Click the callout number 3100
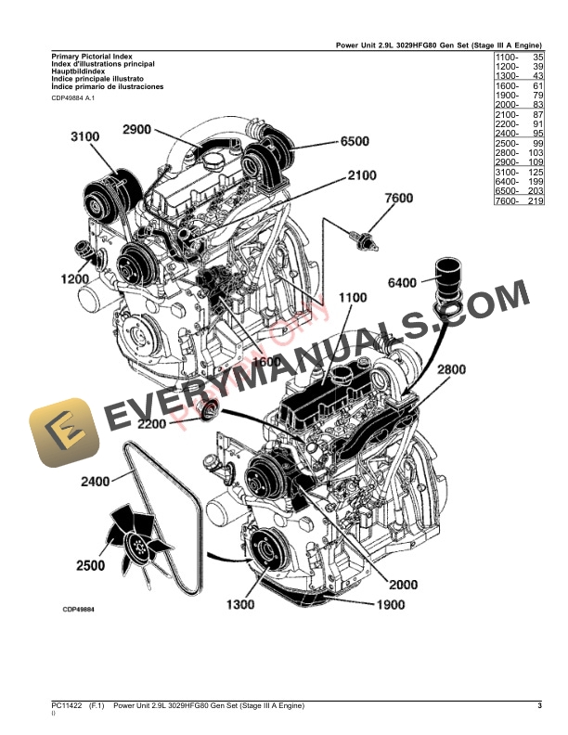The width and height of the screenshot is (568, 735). [84, 137]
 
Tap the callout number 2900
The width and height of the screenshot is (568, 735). [136, 130]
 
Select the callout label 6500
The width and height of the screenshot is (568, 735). [355, 142]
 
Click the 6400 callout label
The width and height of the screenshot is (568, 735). [402, 281]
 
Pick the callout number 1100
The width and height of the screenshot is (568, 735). [356, 299]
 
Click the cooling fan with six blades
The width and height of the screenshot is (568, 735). [138, 535]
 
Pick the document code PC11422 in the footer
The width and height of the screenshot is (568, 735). [66, 706]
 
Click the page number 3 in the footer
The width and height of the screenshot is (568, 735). [539, 706]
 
